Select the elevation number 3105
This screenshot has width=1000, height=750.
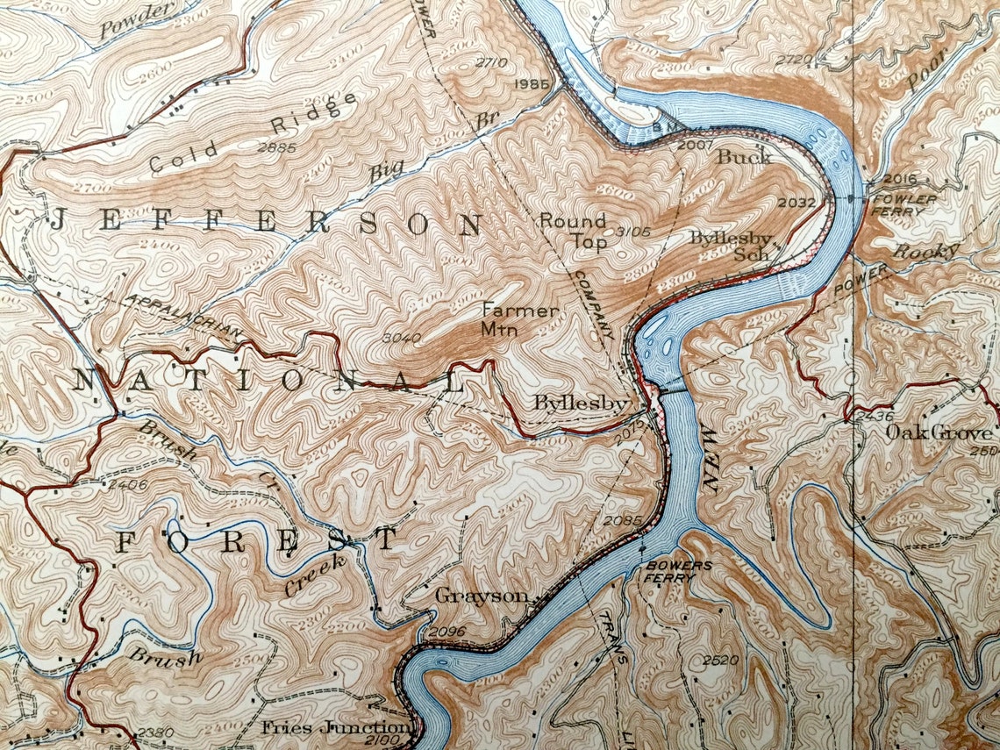point(632,232)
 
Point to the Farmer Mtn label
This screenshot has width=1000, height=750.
point(519,320)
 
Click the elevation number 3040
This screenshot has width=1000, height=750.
point(403,337)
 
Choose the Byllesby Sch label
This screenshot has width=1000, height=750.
point(730,246)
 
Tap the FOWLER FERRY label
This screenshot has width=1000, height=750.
point(904,204)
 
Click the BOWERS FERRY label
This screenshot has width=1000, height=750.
point(679,571)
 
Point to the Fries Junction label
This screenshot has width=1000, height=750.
point(335,728)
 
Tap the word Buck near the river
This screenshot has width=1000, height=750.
point(744,157)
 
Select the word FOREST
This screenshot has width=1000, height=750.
point(257,541)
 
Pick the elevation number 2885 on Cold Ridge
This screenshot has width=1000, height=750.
point(276,146)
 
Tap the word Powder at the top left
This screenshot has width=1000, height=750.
point(135,19)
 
